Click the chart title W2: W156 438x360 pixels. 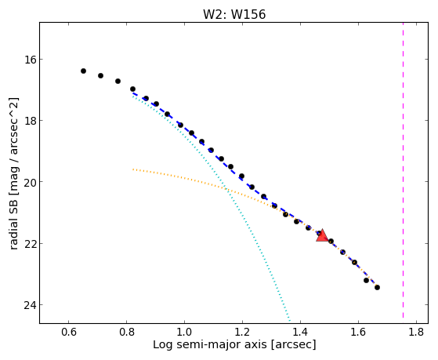234,14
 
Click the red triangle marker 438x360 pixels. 322,236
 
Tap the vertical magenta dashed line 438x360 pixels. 403,170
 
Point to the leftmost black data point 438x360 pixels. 83,71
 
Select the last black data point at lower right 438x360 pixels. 377,287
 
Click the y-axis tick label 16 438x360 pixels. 29,60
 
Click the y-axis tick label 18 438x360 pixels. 29,121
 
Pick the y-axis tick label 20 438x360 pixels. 29,182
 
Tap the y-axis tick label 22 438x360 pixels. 29,244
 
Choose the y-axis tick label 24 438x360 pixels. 29,305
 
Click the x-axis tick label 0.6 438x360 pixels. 68,332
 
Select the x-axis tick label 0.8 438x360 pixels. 126,332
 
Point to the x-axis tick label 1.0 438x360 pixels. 184,332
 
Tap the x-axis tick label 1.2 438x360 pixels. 242,332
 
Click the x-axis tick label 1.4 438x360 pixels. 300,332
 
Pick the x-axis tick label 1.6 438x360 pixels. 358,332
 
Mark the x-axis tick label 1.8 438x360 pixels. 416,332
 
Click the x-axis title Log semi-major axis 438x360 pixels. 210,345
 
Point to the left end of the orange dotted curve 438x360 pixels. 133,169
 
